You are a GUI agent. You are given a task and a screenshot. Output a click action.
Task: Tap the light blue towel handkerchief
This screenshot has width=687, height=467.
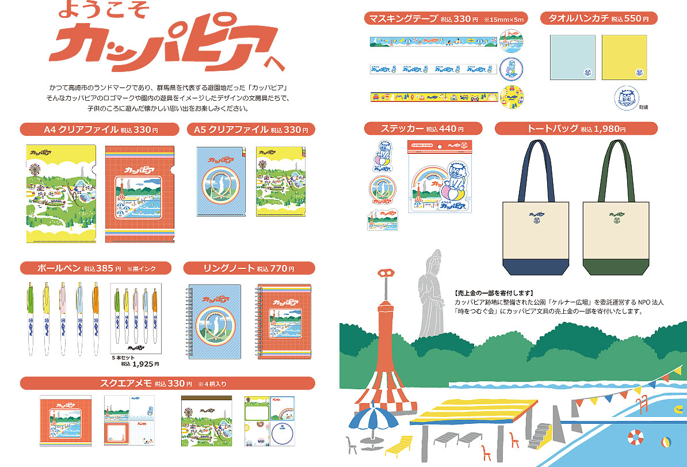[568, 56]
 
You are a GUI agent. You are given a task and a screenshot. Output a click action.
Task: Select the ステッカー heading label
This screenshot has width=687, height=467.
[414, 128]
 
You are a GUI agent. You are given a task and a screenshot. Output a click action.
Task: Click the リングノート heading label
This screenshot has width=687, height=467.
[249, 268]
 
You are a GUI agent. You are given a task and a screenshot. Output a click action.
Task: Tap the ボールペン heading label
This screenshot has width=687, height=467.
[87, 268]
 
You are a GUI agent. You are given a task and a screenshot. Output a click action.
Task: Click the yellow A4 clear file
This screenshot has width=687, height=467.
[62, 193]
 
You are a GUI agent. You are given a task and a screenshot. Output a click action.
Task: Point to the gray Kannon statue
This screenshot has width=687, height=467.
[429, 294]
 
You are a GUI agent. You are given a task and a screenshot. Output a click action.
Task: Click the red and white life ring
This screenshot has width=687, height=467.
[635, 436]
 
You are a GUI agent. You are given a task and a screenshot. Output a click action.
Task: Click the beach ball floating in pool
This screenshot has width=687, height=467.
[666, 442]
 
